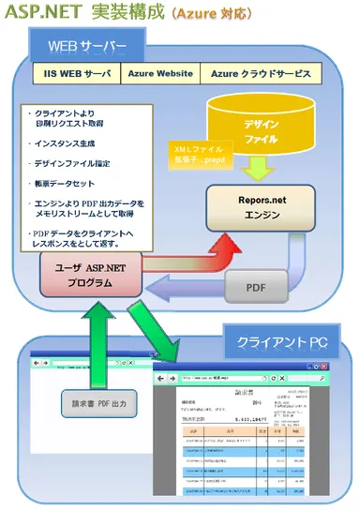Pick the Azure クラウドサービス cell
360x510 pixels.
[258, 73]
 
